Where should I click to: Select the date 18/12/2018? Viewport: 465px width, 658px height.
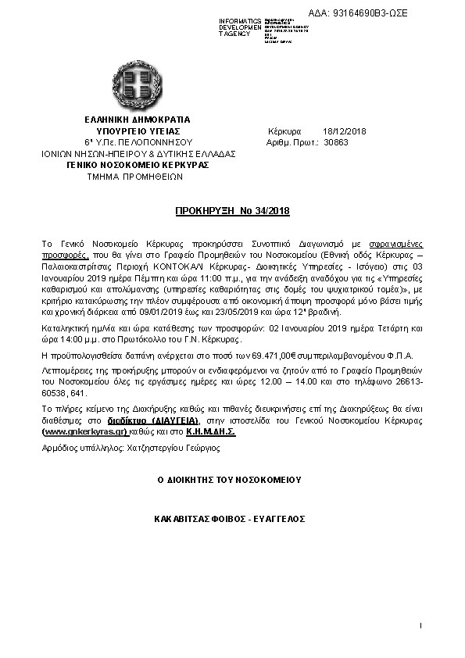point(338,131)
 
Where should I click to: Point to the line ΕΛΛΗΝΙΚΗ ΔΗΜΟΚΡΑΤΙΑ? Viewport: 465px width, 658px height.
point(137,119)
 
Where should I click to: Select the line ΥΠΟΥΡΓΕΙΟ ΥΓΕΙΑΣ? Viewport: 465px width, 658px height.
point(137,131)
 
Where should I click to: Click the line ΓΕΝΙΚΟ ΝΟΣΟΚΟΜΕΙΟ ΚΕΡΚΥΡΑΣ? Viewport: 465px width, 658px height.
point(137,166)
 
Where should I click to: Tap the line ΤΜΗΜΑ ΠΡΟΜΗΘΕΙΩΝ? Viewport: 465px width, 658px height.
point(137,177)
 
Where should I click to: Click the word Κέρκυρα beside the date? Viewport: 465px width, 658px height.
point(284,131)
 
